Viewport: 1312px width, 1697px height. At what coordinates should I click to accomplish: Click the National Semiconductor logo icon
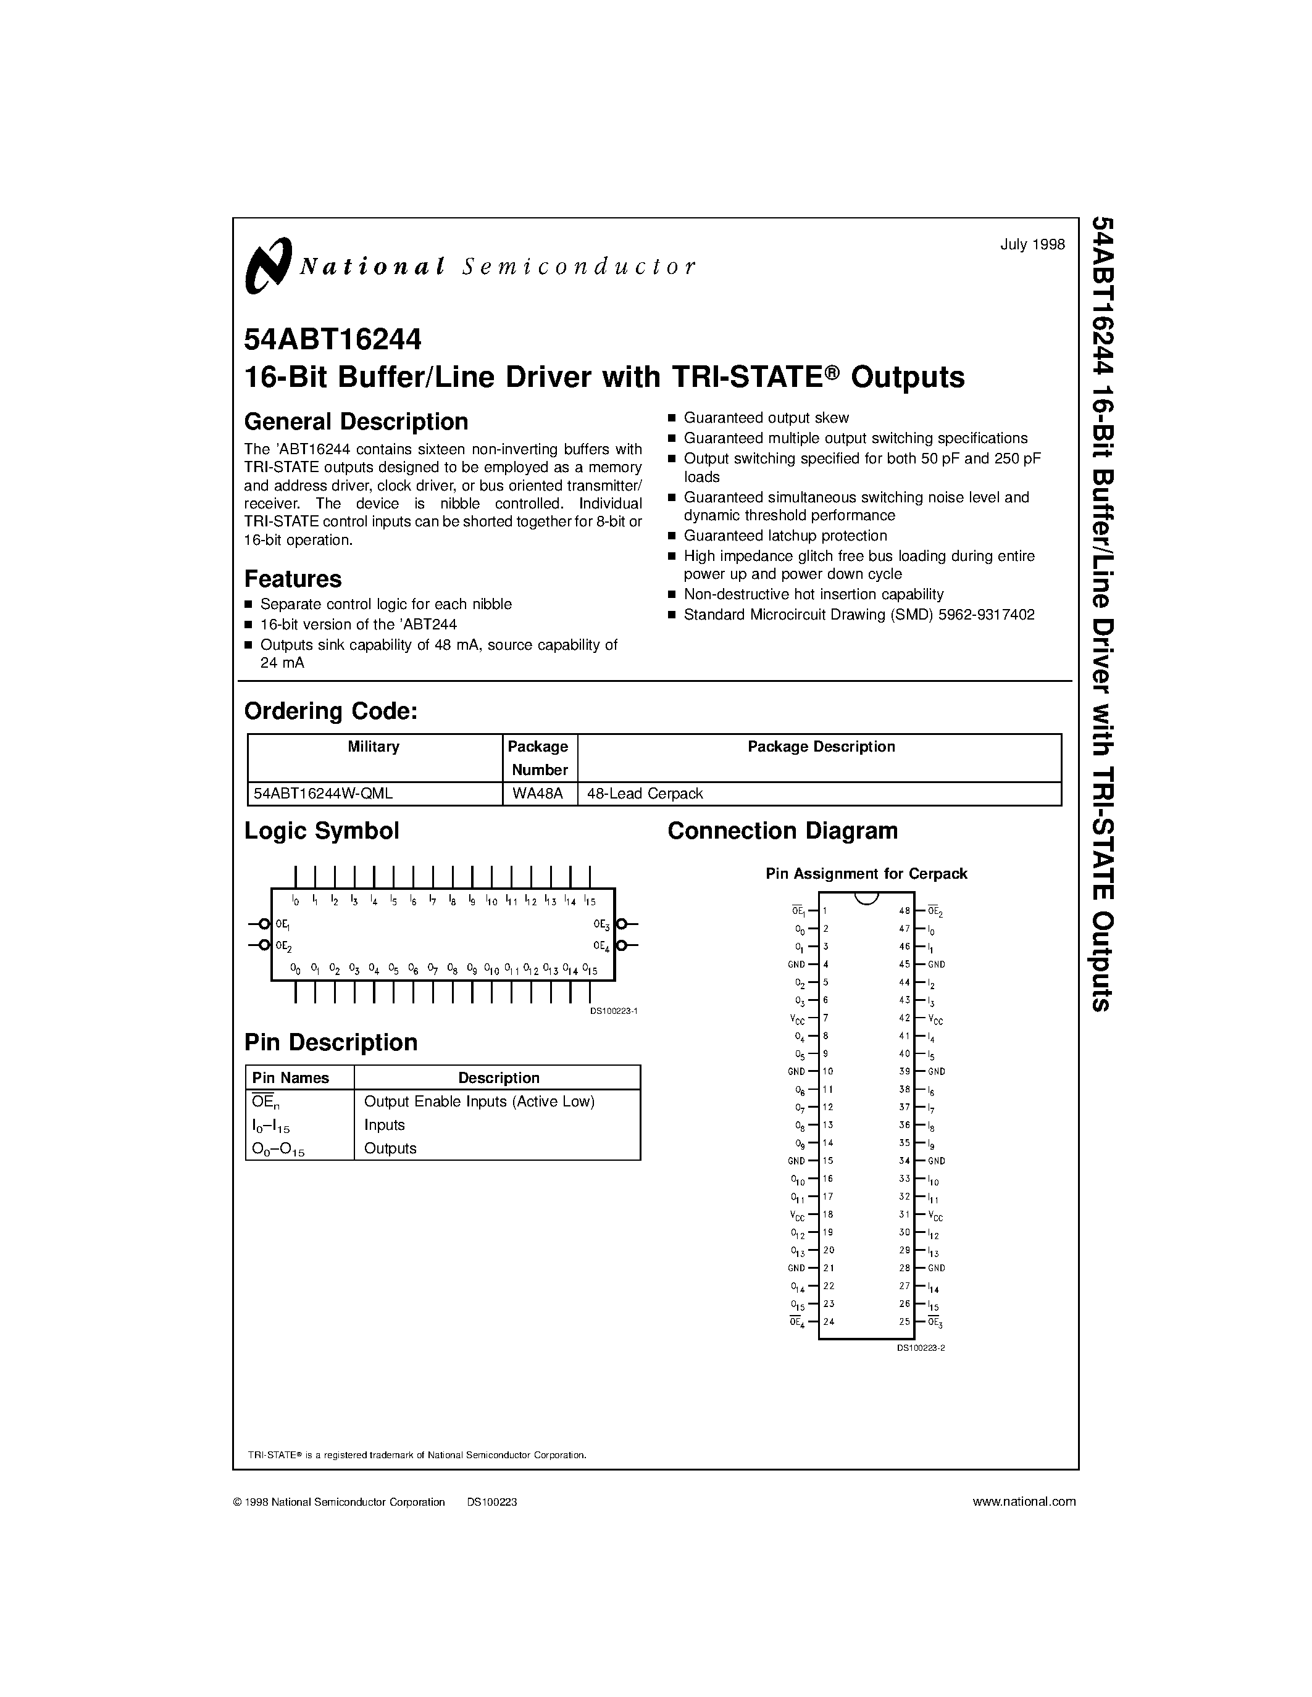[x=268, y=266]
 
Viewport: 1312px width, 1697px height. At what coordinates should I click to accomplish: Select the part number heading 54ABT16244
[x=333, y=339]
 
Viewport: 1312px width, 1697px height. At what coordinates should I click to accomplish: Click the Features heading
[x=293, y=579]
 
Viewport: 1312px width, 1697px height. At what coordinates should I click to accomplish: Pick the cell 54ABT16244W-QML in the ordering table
[x=324, y=794]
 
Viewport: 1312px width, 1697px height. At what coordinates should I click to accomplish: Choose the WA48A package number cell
[x=538, y=794]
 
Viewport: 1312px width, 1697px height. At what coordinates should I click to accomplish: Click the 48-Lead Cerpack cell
[x=645, y=794]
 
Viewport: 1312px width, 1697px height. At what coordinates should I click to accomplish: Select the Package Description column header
[x=821, y=747]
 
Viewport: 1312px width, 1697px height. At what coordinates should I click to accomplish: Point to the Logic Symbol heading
[x=322, y=831]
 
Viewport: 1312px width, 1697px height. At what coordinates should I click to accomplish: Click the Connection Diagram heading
[x=783, y=831]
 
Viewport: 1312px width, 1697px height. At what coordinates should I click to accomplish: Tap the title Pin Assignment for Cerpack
[x=866, y=873]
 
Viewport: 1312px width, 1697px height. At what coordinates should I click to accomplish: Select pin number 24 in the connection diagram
[x=829, y=1322]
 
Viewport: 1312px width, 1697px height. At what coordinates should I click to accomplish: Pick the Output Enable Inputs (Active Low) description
[x=478, y=1102]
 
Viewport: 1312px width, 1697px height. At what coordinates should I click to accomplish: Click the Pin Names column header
[x=291, y=1077]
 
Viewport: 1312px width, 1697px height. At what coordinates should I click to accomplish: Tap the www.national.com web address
[x=1024, y=1502]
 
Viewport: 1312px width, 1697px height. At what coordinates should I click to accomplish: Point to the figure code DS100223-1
[x=613, y=1011]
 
